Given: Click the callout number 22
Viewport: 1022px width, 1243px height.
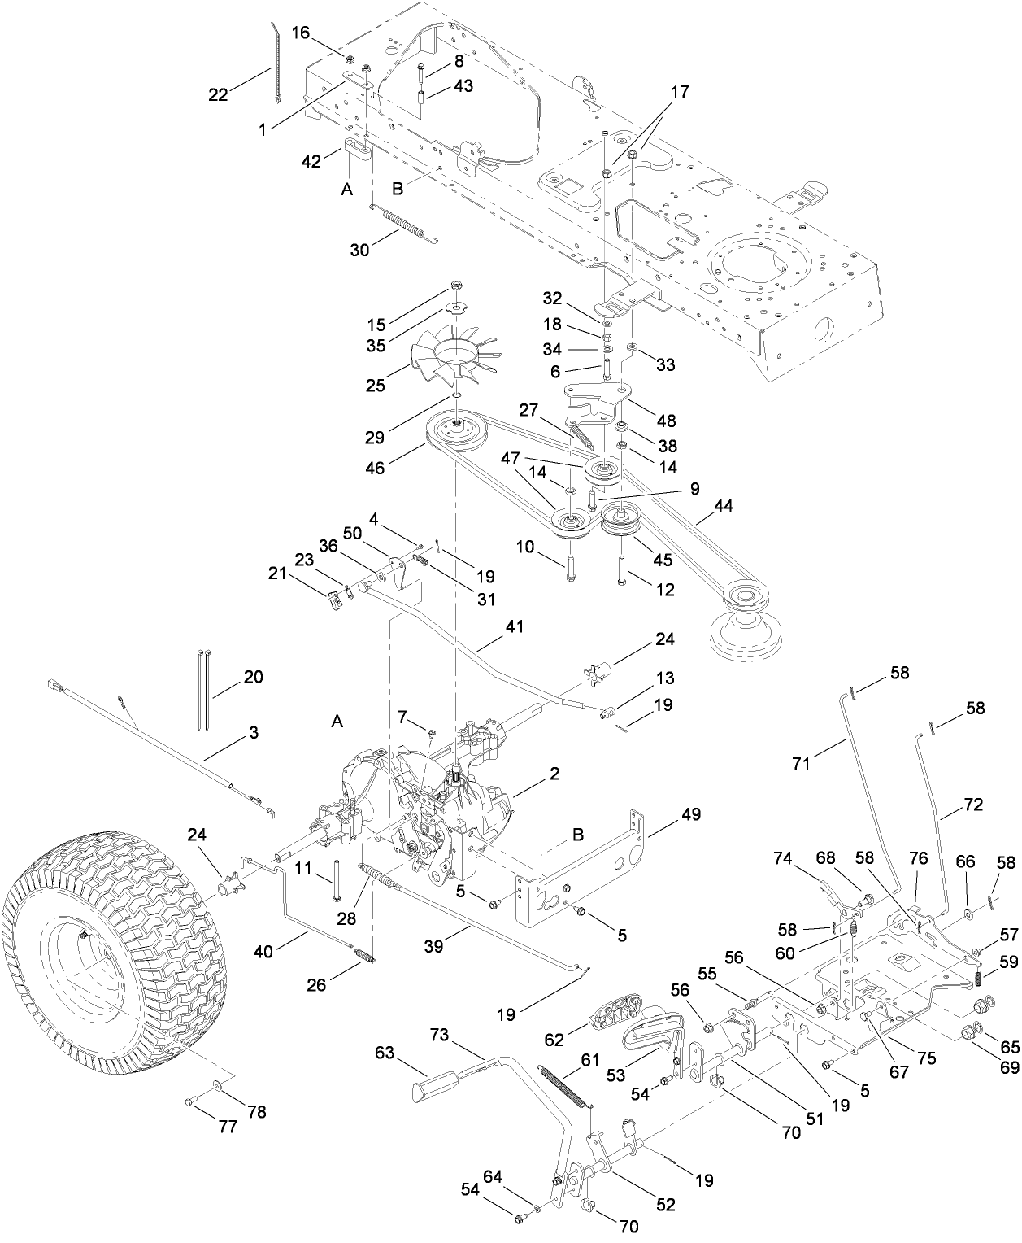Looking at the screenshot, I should [x=217, y=94].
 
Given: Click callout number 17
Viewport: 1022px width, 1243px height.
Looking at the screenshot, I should [x=679, y=92].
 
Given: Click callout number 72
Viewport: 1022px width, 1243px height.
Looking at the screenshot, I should [x=972, y=805].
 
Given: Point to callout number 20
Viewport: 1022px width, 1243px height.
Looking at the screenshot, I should [x=254, y=676].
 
